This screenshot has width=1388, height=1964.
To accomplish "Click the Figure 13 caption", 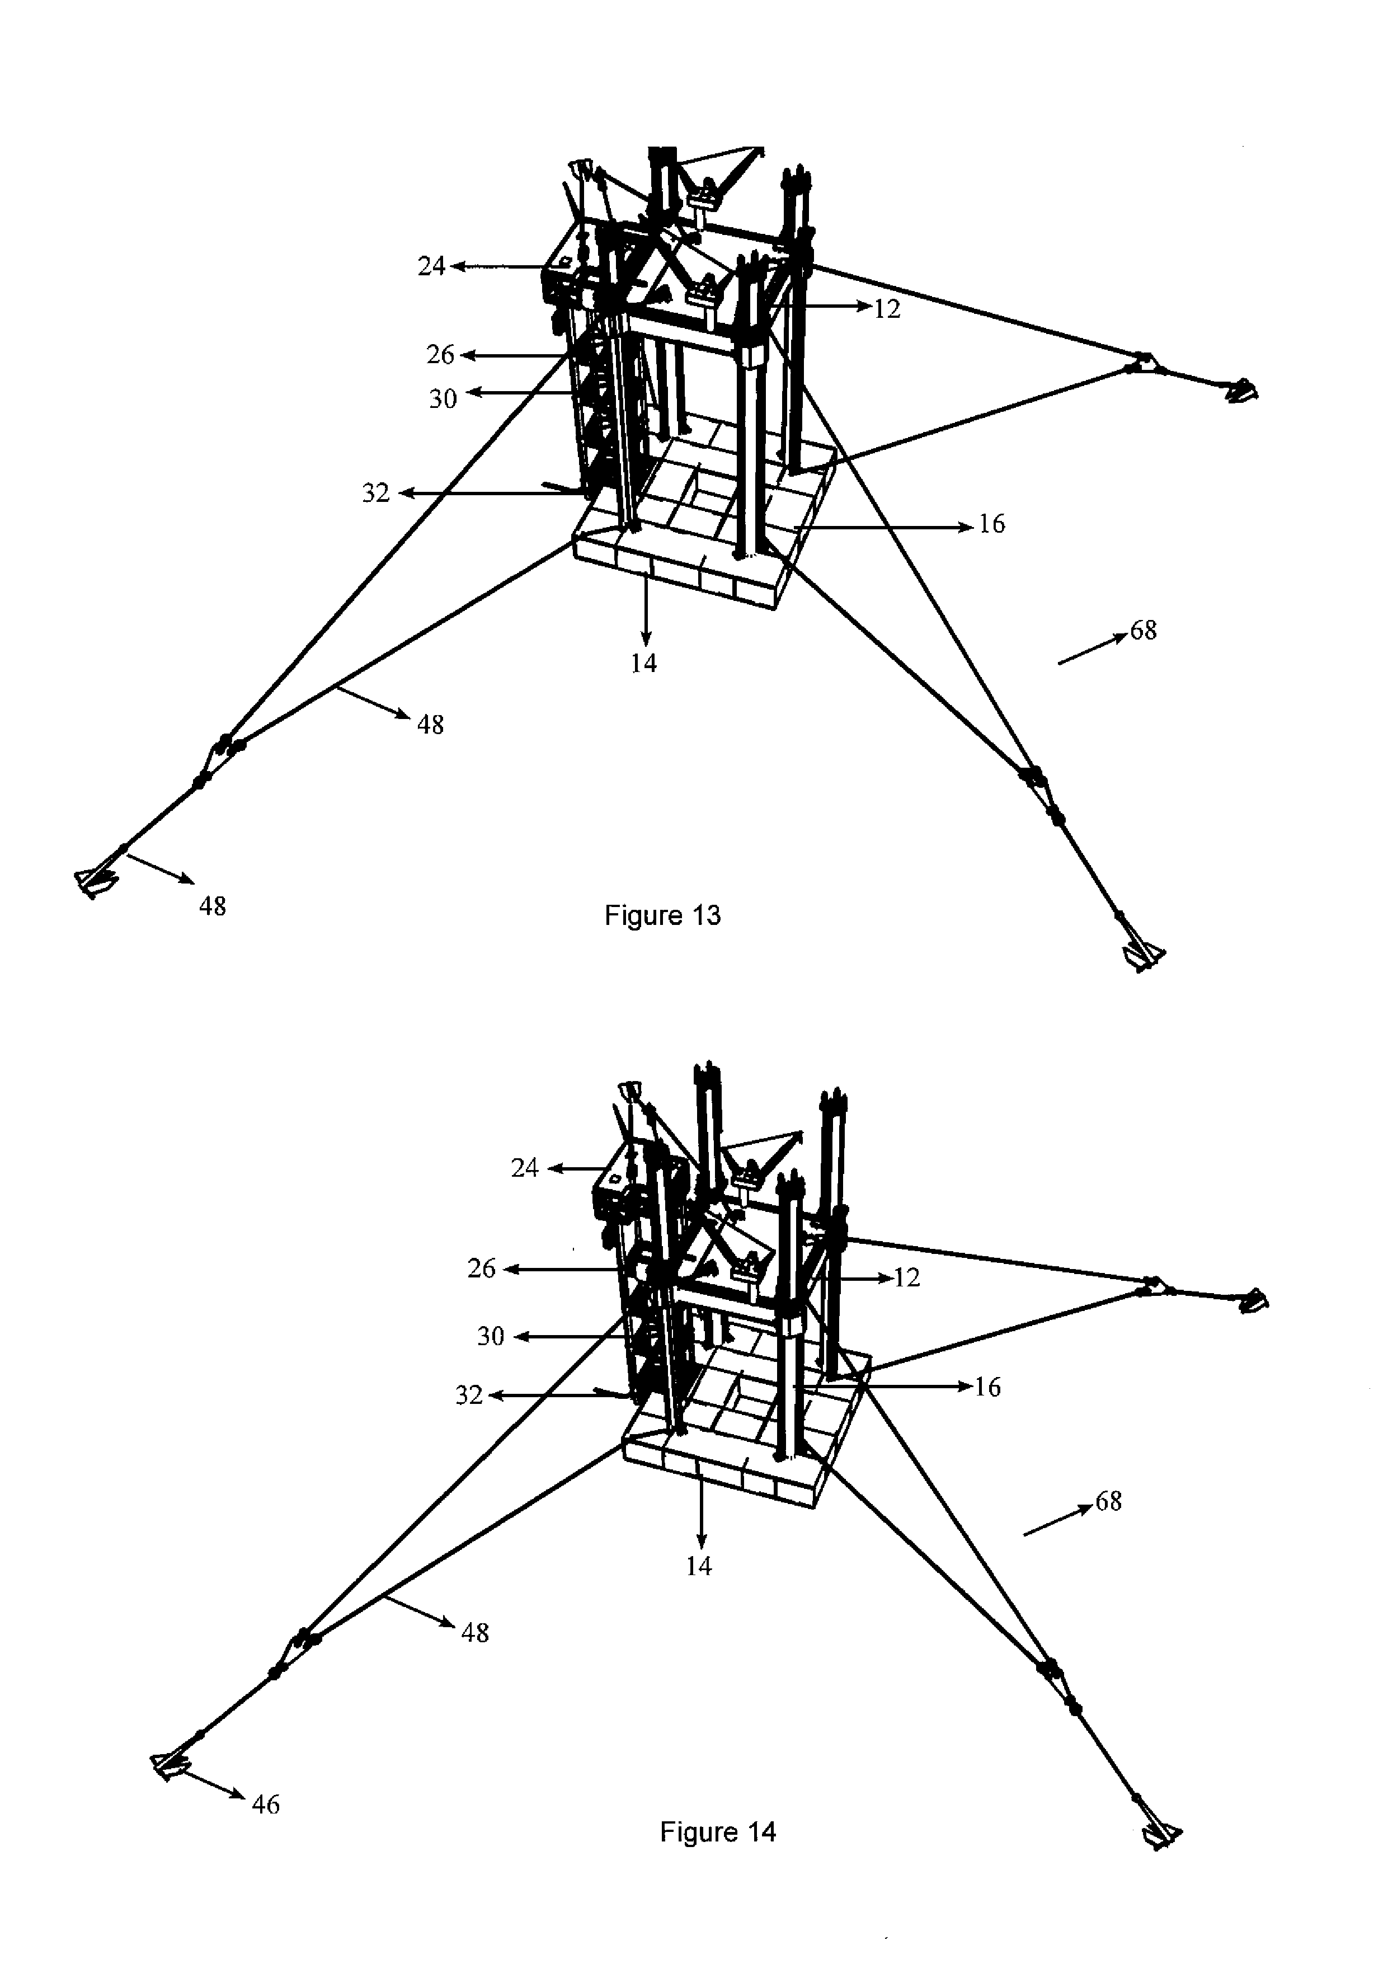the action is coord(663,916).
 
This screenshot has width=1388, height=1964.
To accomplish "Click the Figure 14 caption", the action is coord(718,1831).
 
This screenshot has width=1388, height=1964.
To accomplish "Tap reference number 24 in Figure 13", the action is coord(432,267).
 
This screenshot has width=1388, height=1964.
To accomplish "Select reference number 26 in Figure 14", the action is coord(482,1268).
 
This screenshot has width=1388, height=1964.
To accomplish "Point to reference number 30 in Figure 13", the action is coord(443,398).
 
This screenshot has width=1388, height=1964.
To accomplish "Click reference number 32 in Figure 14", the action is coord(469,1395).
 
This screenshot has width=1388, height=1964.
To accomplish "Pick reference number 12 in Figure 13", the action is coord(888,309).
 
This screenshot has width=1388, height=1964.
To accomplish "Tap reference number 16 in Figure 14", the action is coord(988,1387).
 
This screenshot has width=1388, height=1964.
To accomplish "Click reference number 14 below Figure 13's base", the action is coord(644,663).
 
